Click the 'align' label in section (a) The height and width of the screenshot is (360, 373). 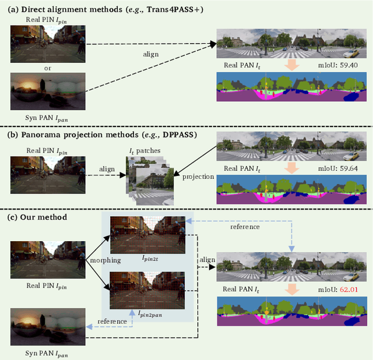click(x=150, y=54)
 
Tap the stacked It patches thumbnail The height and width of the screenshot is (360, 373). click(x=146, y=179)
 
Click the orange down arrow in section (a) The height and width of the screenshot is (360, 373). click(x=290, y=66)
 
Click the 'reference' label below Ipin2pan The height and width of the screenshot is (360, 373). click(x=112, y=321)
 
